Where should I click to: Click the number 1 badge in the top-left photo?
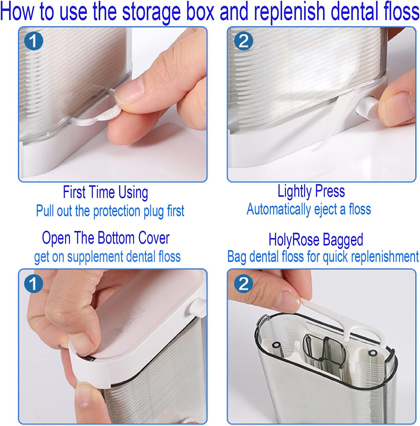pos(33,41)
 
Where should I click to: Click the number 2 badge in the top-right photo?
pos(243,41)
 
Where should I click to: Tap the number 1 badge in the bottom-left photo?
pos(33,284)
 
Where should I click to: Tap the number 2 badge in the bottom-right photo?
pos(243,284)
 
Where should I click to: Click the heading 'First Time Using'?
pos(106,192)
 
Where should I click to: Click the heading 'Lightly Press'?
pos(311,191)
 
